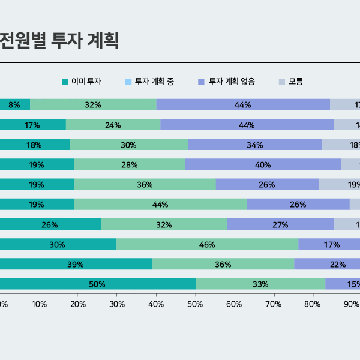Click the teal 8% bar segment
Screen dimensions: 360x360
[14, 104]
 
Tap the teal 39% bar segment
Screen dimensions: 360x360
[76, 264]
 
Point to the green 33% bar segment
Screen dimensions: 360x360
[260, 284]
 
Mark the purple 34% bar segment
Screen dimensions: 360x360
[254, 145]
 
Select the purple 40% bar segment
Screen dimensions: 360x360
[263, 164]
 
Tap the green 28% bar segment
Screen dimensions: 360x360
[130, 164]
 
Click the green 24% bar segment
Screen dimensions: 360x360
[113, 125]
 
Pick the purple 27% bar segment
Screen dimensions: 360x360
[280, 224]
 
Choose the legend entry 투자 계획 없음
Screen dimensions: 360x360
[232, 82]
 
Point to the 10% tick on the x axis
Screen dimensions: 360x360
[39, 304]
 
